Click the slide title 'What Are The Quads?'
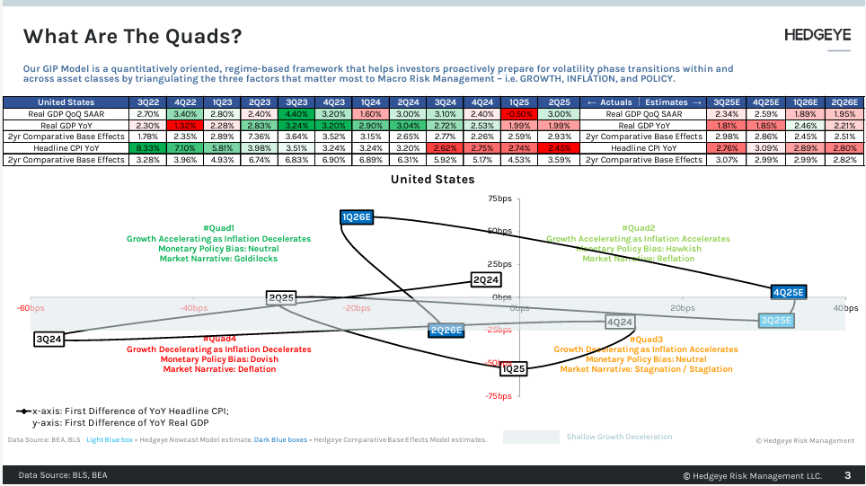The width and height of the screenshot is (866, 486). pyautogui.click(x=132, y=37)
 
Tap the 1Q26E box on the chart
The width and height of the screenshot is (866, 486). pyautogui.click(x=357, y=216)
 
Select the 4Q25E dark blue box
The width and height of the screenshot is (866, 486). pyautogui.click(x=789, y=292)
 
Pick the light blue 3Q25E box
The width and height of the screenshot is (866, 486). pyautogui.click(x=776, y=320)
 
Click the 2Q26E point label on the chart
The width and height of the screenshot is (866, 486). pyautogui.click(x=446, y=330)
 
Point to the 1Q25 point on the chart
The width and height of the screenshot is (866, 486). pyautogui.click(x=514, y=368)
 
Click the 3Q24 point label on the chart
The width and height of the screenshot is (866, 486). pyautogui.click(x=48, y=340)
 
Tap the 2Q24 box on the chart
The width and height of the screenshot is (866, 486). pyautogui.click(x=485, y=279)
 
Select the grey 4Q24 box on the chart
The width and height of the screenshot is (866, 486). pyautogui.click(x=619, y=322)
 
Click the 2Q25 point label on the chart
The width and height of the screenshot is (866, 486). pyautogui.click(x=281, y=297)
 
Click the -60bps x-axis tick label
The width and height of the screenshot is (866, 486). pyautogui.click(x=31, y=308)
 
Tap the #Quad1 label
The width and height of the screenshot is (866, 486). pyautogui.click(x=218, y=228)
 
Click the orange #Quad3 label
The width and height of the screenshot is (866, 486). pyautogui.click(x=646, y=340)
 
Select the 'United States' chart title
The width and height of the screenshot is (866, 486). pyautogui.click(x=432, y=180)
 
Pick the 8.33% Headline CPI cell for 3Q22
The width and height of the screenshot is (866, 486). pyautogui.click(x=149, y=147)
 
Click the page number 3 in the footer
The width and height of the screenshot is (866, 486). pyautogui.click(x=847, y=475)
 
